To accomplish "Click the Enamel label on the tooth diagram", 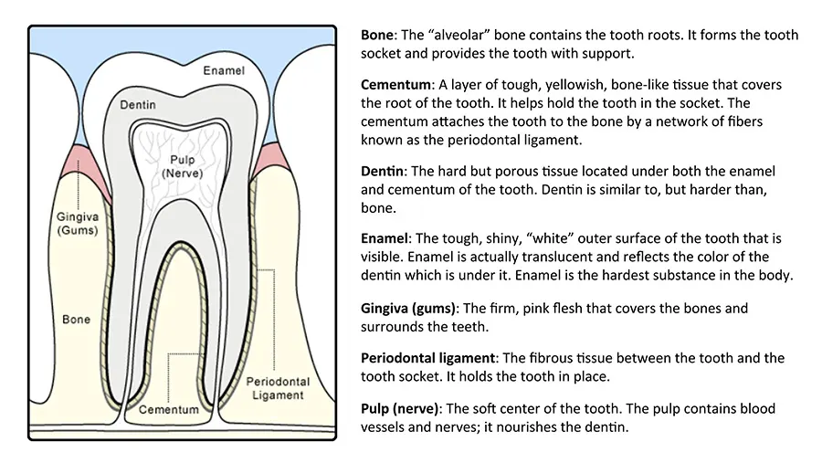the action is click(x=224, y=70).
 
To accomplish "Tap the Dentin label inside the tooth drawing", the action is click(x=138, y=105).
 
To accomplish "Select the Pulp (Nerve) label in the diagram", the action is click(x=182, y=166).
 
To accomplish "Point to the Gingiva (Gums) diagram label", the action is click(x=78, y=224).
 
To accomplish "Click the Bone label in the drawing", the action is click(x=76, y=320).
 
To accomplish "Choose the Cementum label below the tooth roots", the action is click(x=169, y=409).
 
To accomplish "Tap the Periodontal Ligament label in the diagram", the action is click(x=278, y=388).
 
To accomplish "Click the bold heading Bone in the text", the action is click(x=377, y=35).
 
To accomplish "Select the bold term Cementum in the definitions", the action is click(x=395, y=85).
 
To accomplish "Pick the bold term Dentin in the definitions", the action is click(x=382, y=172).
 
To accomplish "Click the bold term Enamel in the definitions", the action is click(x=385, y=238).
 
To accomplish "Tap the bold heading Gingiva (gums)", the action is click(x=409, y=309).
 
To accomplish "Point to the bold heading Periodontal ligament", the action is click(x=427, y=358).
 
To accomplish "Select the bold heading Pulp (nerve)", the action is click(x=401, y=408).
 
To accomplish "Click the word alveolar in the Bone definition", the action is click(x=458, y=35).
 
